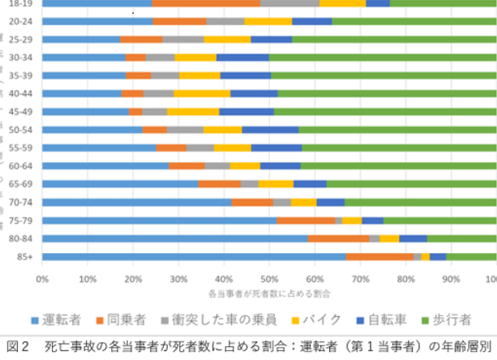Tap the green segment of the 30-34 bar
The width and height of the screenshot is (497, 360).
pyautogui.click(x=381, y=57)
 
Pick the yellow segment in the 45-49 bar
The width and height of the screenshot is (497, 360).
pyautogui.click(x=193, y=111)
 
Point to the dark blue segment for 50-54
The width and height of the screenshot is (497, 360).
pyautogui.click(x=270, y=129)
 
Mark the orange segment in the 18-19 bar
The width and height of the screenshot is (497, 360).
pyautogui.click(x=206, y=2)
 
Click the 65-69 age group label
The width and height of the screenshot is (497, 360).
pyautogui.click(x=20, y=184)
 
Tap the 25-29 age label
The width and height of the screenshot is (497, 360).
pyautogui.click(x=20, y=39)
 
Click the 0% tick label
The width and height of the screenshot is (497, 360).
pyautogui.click(x=42, y=278)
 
